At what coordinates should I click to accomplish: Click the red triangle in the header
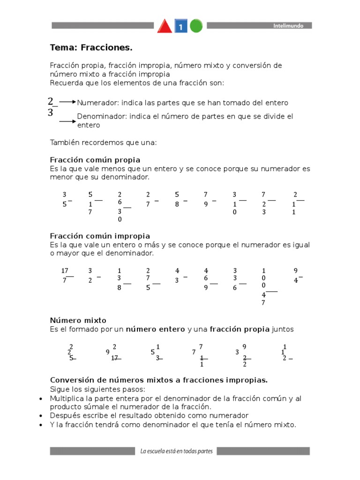(x=165, y=26)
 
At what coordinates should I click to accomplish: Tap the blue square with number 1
(x=181, y=27)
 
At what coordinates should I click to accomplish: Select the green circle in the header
(x=196, y=26)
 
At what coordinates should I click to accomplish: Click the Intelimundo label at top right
(x=288, y=26)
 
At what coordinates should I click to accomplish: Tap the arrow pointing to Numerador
(x=67, y=102)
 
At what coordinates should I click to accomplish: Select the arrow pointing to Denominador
(x=67, y=121)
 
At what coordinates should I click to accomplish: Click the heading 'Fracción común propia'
(x=95, y=160)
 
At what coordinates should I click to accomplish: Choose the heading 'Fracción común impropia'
(x=100, y=236)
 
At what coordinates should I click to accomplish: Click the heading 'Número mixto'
(x=78, y=321)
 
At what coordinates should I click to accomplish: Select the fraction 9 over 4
(x=296, y=276)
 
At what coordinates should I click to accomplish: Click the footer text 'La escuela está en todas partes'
(x=176, y=451)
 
